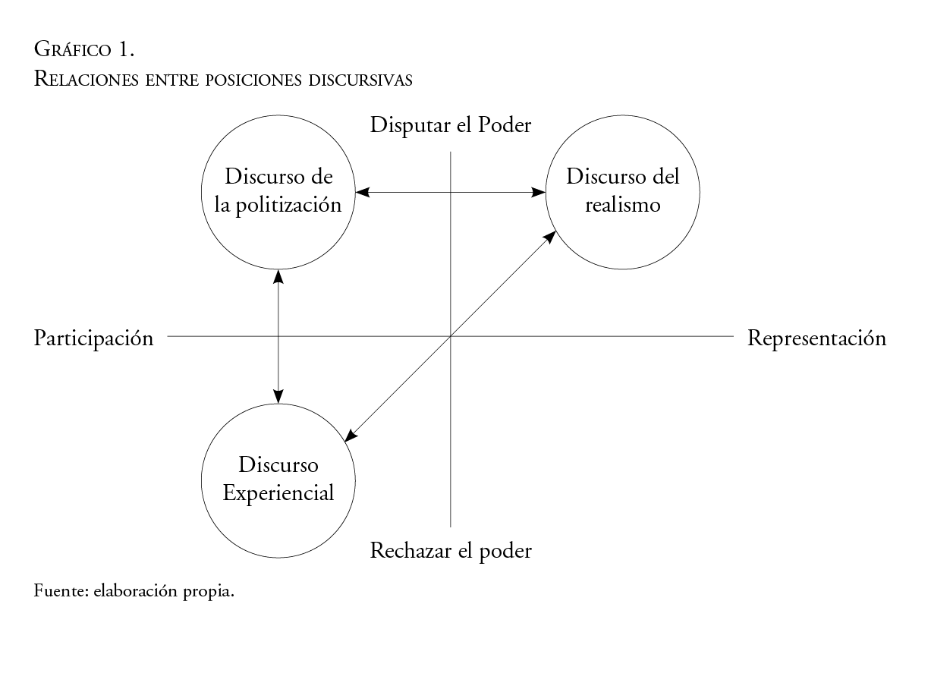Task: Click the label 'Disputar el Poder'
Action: pos(451,125)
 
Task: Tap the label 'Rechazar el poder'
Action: pos(451,551)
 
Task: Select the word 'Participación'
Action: pos(93,338)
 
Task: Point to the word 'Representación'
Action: pos(816,338)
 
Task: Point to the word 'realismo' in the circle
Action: pos(623,206)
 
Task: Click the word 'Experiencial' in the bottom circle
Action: pos(278,493)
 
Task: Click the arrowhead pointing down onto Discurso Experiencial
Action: pos(278,395)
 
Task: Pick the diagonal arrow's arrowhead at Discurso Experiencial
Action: pos(351,436)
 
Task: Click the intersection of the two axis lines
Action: pos(451,336)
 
